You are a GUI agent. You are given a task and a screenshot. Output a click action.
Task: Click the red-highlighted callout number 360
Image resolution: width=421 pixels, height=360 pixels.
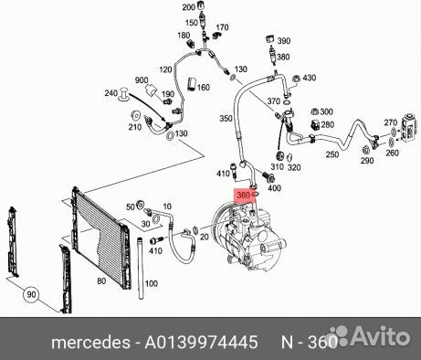[x=243, y=196]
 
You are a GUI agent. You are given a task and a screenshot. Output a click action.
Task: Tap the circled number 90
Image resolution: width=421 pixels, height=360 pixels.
[x=31, y=294]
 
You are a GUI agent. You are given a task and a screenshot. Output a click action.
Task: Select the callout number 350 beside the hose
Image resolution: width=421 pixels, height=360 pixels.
[x=226, y=118]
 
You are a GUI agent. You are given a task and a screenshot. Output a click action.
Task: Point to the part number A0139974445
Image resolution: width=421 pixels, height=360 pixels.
[x=201, y=342]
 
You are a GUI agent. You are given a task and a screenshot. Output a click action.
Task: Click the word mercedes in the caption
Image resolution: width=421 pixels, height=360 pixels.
[x=90, y=343]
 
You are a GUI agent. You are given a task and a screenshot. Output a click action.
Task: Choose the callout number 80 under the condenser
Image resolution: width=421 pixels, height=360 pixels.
[x=101, y=281]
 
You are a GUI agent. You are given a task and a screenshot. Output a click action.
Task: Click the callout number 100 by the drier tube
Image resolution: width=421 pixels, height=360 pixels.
[x=152, y=283]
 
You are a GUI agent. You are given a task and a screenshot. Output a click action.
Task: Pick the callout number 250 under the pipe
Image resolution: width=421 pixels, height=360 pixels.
[x=332, y=154]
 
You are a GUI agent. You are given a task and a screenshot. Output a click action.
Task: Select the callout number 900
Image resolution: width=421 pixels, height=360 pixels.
[x=142, y=80]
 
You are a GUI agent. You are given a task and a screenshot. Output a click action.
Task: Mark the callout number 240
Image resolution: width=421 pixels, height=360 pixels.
[x=111, y=93]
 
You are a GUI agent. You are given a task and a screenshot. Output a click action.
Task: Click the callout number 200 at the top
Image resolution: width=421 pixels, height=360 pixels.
[x=189, y=7]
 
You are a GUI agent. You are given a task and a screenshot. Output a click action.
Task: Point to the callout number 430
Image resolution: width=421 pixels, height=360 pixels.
[x=309, y=78]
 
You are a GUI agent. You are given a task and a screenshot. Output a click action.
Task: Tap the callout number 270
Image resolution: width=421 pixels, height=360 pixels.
[x=391, y=122]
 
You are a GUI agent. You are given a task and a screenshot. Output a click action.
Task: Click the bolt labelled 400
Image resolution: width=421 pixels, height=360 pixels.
[x=268, y=176]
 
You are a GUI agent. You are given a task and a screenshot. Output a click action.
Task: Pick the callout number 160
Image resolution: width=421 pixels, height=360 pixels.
[x=204, y=88]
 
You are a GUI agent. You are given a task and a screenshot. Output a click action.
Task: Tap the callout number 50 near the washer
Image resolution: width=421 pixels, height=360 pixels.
[x=131, y=207]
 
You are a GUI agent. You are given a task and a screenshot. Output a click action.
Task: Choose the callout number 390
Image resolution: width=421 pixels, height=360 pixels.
[x=284, y=40]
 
